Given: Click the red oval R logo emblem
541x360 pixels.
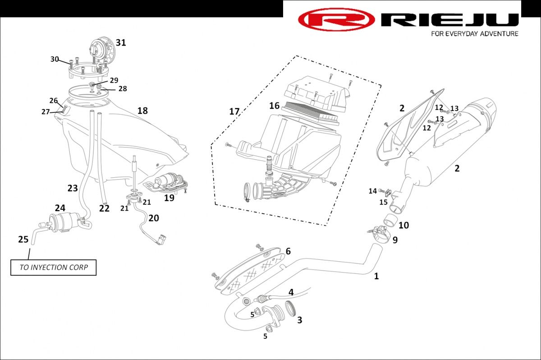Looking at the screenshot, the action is (336, 19).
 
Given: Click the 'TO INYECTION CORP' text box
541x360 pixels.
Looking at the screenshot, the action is (53, 268).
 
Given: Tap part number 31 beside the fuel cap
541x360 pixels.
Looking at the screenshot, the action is (121, 42).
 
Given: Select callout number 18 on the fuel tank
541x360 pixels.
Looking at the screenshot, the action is (142, 111).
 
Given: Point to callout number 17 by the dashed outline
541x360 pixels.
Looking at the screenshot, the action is (234, 111).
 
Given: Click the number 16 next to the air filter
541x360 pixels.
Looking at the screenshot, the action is (275, 106).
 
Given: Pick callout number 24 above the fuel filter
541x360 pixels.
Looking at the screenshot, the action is (60, 208).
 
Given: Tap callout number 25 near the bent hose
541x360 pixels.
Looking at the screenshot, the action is (23, 239).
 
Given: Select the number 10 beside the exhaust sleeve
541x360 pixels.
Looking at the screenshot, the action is (403, 225).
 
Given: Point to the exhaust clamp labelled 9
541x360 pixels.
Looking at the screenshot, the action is (379, 233).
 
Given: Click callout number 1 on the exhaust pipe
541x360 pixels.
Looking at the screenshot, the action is (376, 276).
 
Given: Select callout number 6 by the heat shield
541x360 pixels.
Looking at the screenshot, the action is (288, 251).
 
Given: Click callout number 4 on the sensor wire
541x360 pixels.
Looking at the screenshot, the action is (291, 292).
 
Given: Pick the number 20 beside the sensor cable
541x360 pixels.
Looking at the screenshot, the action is (154, 218).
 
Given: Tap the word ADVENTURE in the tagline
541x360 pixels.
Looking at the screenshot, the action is (499, 33).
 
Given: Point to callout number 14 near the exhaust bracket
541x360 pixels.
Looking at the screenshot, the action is (373, 191).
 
